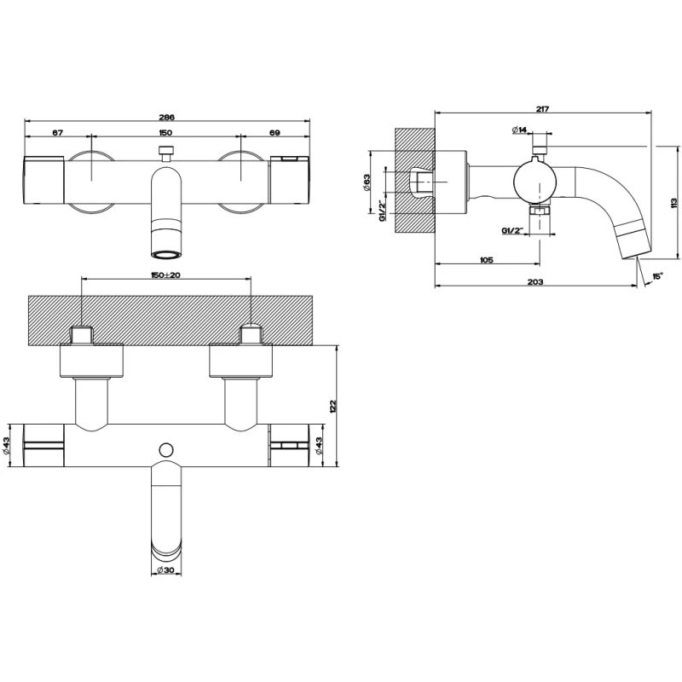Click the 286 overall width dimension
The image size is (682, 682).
pyautogui.click(x=165, y=117)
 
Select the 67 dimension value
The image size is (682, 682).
pyautogui.click(x=58, y=133)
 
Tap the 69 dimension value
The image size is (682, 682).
pyautogui.click(x=275, y=133)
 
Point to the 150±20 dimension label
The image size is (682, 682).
pyautogui.click(x=165, y=275)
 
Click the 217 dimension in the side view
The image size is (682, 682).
pyautogui.click(x=542, y=109)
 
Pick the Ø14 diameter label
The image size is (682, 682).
pyautogui.click(x=519, y=130)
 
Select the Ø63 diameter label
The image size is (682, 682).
pyautogui.click(x=367, y=182)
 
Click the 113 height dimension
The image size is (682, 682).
pyautogui.click(x=673, y=203)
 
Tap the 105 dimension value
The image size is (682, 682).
pyautogui.click(x=486, y=260)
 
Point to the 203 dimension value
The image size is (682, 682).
pyautogui.click(x=535, y=282)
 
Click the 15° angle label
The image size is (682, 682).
pyautogui.click(x=657, y=276)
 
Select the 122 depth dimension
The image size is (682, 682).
pyautogui.click(x=333, y=407)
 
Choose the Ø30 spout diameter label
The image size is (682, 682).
pyautogui.click(x=165, y=570)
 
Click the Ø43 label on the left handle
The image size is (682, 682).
pyautogui.click(x=6, y=446)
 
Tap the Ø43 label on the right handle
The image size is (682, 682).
pyautogui.click(x=319, y=446)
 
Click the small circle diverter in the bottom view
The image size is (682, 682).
pyautogui.click(x=166, y=450)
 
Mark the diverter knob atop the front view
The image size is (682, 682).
pyautogui.click(x=165, y=153)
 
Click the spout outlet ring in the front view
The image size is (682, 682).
pyautogui.click(x=165, y=254)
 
